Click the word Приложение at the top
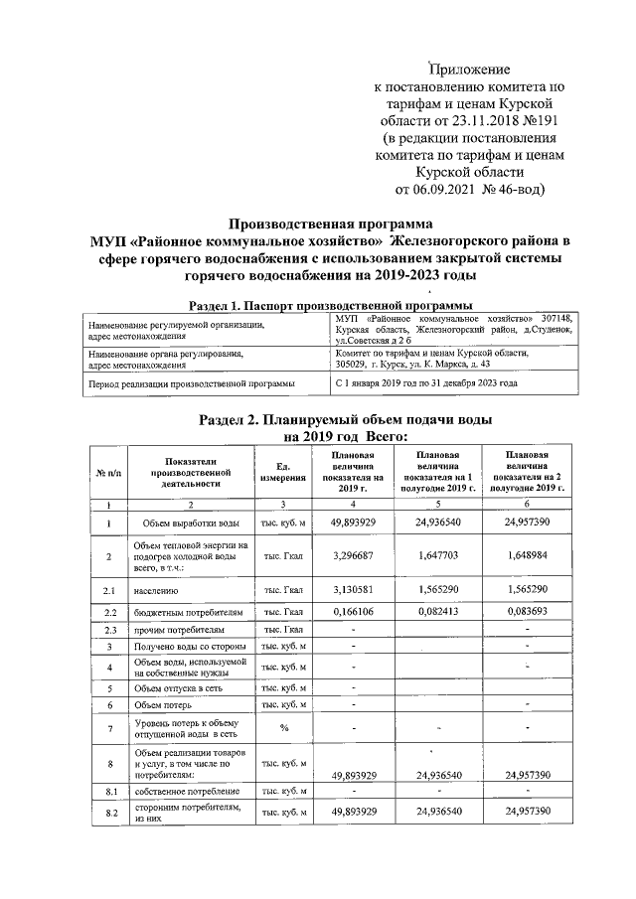(x=468, y=70)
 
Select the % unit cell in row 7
(x=282, y=729)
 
